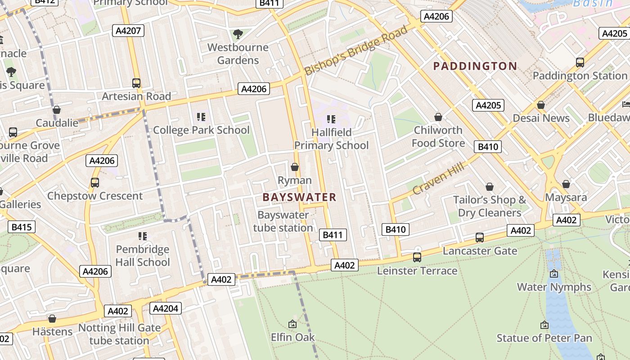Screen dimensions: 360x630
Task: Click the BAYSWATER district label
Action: pyautogui.click(x=299, y=197)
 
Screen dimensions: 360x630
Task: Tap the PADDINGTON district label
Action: pyautogui.click(x=475, y=66)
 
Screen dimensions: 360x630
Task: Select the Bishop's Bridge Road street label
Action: pyautogui.click(x=356, y=50)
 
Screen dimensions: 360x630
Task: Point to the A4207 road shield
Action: pyautogui.click(x=128, y=31)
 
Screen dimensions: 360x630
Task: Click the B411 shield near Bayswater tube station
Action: pyautogui.click(x=333, y=234)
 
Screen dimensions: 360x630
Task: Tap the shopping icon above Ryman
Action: pyautogui.click(x=295, y=167)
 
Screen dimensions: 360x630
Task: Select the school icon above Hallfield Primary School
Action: pyautogui.click(x=331, y=119)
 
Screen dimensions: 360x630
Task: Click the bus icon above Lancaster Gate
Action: pyautogui.click(x=480, y=237)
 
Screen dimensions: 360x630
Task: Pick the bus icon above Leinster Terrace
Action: pyautogui.click(x=417, y=257)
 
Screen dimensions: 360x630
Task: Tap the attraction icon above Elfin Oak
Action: pyautogui.click(x=292, y=324)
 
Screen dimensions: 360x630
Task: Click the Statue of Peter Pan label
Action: pyautogui.click(x=544, y=338)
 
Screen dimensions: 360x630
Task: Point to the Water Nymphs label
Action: pyautogui.click(x=554, y=287)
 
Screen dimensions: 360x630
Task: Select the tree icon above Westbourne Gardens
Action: pyautogui.click(x=238, y=34)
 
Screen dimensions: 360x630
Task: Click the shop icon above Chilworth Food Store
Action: pyautogui.click(x=438, y=117)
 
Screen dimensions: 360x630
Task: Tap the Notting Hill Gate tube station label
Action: pyautogui.click(x=119, y=334)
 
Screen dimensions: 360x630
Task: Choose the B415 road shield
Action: pyautogui.click(x=22, y=227)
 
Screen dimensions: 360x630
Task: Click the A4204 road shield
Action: pyautogui.click(x=166, y=308)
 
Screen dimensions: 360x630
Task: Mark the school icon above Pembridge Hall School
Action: pyautogui.click(x=143, y=236)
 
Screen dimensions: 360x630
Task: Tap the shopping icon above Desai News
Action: pyautogui.click(x=541, y=105)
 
